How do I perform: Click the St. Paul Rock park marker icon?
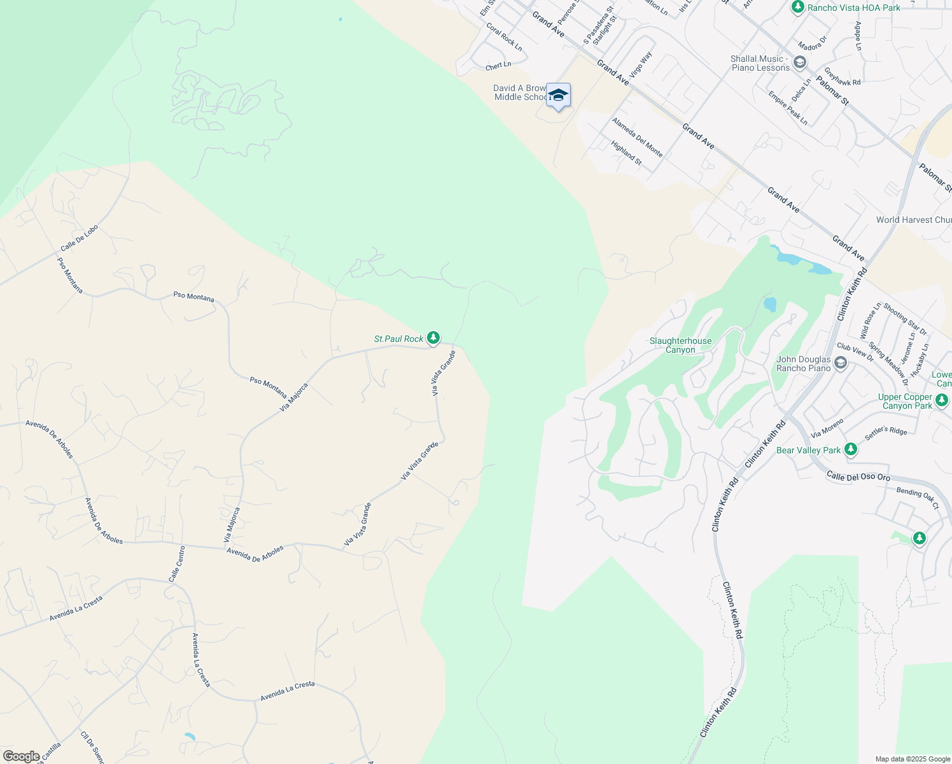coord(433,337)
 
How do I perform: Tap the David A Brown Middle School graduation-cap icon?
coord(558,95)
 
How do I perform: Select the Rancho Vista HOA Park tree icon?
coord(798,7)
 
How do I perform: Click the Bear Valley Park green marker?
coord(850,449)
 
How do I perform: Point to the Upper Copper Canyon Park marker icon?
coord(942,400)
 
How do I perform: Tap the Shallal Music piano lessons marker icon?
coord(800,62)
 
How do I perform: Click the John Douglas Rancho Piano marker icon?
coord(841,363)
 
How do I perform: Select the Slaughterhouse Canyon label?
coord(680,345)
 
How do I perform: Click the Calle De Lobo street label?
coord(80,237)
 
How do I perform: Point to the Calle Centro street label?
coord(177,563)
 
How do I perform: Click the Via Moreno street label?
coord(827,428)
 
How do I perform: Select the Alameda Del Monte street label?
coord(637,138)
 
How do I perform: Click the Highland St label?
coord(626,153)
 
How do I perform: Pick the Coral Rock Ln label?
coord(504,37)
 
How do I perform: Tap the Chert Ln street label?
coord(498,66)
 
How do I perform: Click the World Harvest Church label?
coord(913,220)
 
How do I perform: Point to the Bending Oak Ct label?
coord(917,498)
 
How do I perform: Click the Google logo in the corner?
coord(22,756)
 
